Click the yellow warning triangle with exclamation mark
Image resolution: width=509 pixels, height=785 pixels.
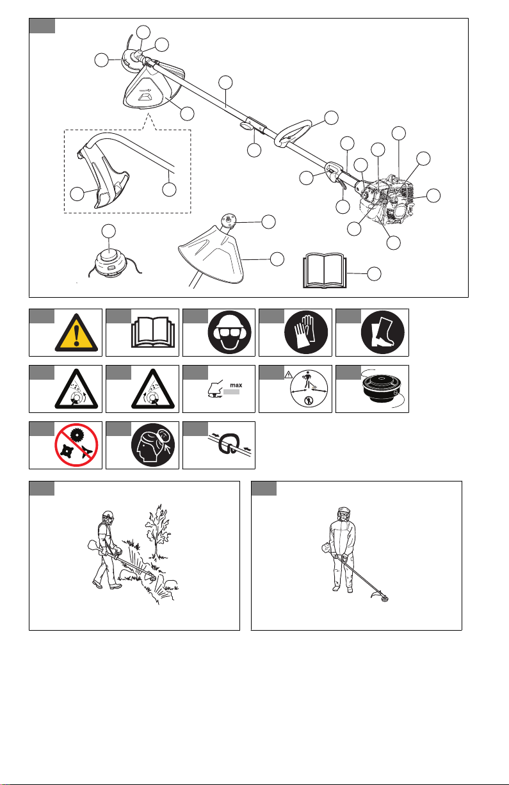76,334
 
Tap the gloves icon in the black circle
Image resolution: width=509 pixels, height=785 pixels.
306,332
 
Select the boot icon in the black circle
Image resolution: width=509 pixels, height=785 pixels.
382,332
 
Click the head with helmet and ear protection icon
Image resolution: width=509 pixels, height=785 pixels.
229,332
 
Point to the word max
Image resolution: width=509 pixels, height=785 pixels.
236,385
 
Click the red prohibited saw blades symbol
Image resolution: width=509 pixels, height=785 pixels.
76,445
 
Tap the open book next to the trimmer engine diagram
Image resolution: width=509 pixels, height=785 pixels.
325,271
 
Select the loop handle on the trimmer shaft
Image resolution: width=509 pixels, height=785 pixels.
293,133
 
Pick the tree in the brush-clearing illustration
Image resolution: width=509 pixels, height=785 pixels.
158,531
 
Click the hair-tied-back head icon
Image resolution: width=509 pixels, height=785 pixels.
153,445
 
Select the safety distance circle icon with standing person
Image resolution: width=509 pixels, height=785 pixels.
309,389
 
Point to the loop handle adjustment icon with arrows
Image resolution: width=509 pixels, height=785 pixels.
229,445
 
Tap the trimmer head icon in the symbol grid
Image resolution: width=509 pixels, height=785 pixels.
381,388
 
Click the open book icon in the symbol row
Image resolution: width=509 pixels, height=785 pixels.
153,332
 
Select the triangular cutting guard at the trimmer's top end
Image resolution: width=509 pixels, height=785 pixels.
154,87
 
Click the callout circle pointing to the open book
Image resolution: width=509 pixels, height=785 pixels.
374,273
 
